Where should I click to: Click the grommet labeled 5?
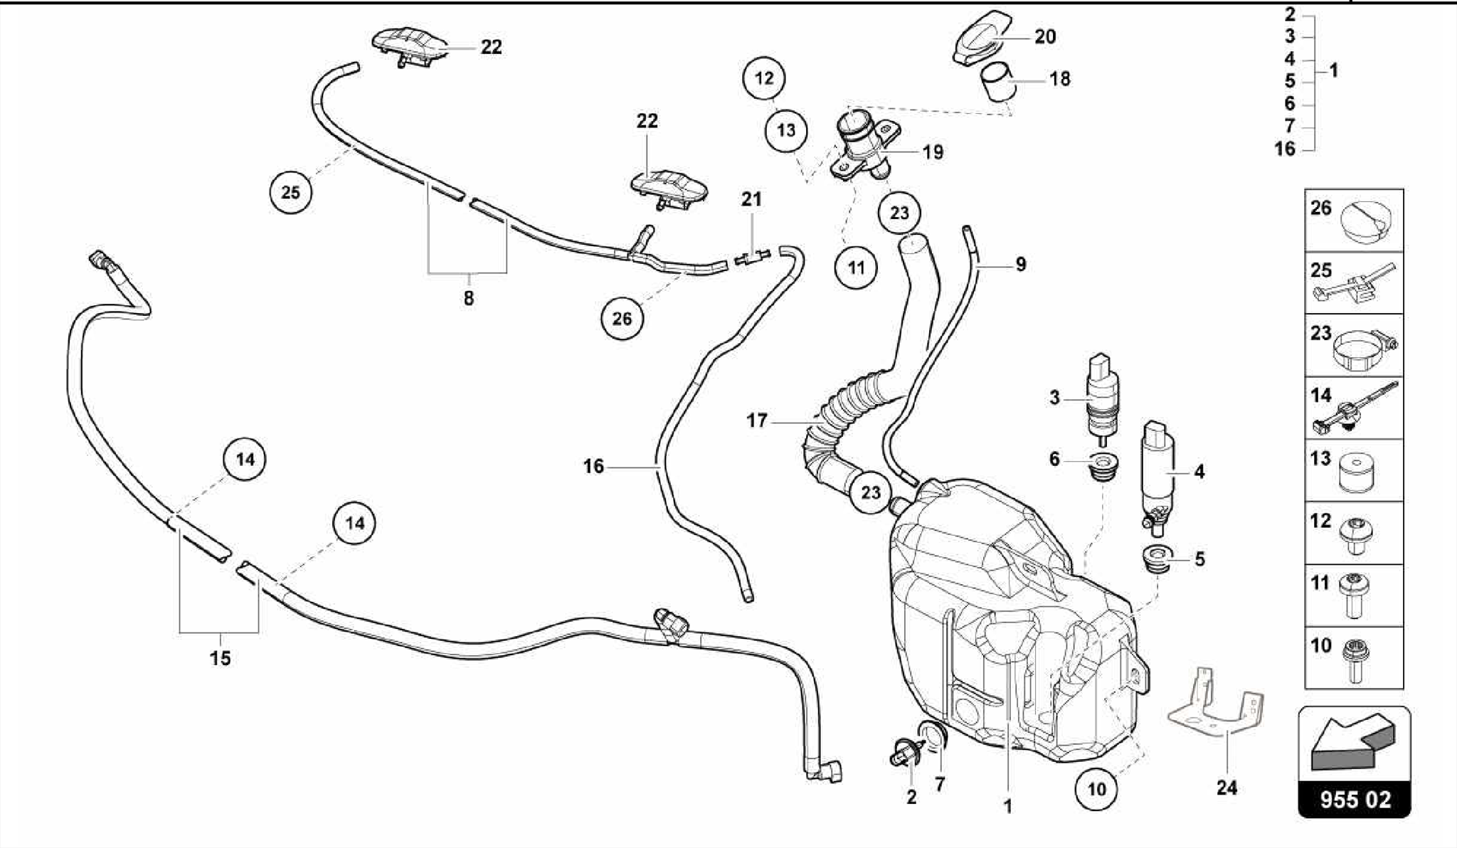tap(1156, 558)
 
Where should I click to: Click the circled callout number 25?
tap(290, 192)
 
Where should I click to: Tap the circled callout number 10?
tap(1097, 788)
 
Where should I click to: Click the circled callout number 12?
tap(763, 78)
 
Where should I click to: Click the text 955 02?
tap(1355, 799)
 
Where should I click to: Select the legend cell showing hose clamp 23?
tap(1354, 345)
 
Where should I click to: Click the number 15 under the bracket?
tap(220, 658)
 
